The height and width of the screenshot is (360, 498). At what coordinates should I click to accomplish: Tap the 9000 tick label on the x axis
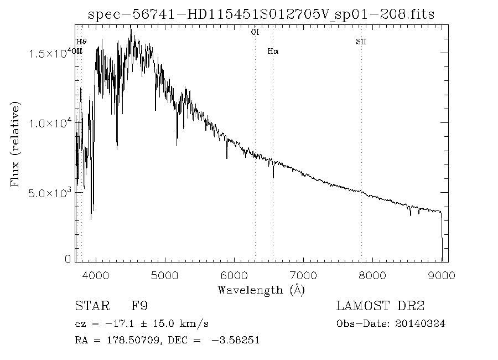point(442,275)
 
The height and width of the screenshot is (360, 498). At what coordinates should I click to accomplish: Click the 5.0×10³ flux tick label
point(51,193)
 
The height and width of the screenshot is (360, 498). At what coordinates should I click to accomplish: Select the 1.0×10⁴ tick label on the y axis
point(51,123)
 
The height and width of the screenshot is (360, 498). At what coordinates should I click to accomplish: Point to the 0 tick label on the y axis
point(68,259)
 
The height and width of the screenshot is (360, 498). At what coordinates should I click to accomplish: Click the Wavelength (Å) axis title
point(261,290)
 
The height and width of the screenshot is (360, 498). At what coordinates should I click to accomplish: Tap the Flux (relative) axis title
point(15,143)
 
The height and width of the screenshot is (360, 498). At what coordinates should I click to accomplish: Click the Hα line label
point(272,52)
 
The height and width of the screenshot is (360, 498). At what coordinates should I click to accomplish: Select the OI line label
point(255,33)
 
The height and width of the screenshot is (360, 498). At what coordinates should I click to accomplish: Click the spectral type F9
point(139,306)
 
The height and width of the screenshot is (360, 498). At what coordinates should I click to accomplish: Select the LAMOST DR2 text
point(380,306)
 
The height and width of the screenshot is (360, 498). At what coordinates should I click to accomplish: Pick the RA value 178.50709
point(126,341)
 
